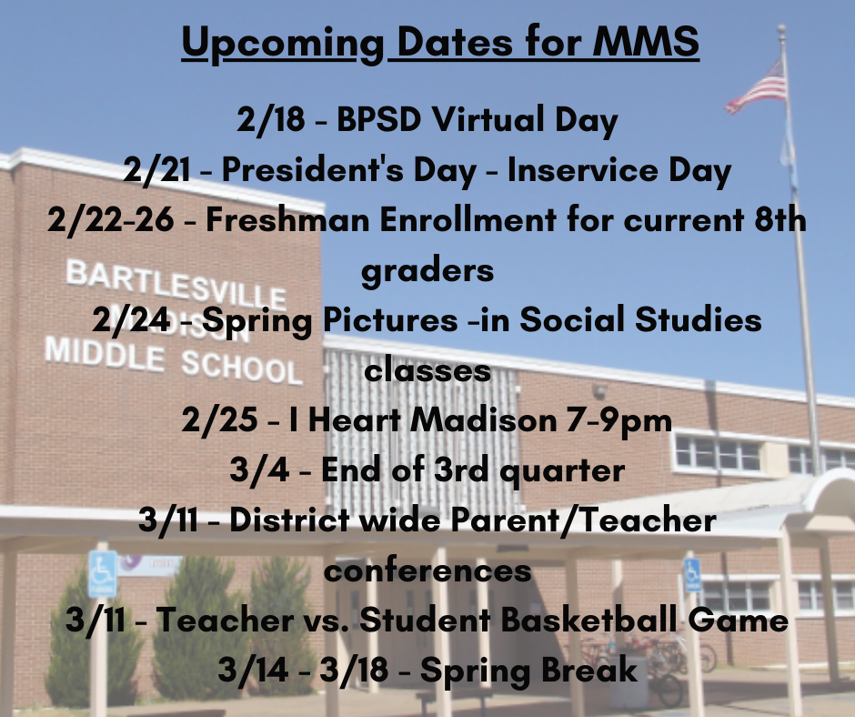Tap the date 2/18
(270, 119)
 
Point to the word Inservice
(583, 170)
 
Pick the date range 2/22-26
(111, 220)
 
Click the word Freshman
(287, 219)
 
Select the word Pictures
(390, 319)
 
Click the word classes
(427, 370)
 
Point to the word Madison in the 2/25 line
(484, 420)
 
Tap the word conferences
(427, 571)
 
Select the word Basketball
(588, 620)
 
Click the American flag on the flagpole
(757, 87)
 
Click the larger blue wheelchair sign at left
(103, 573)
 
